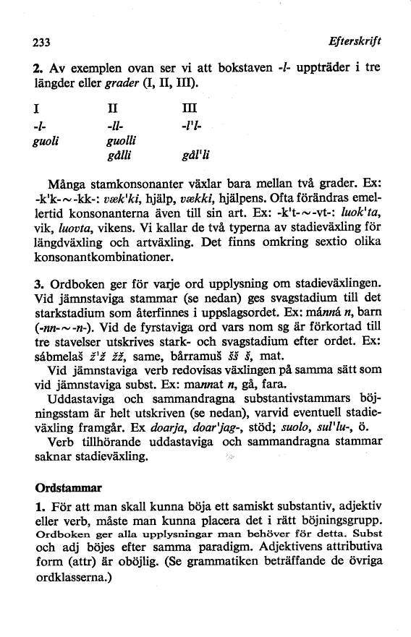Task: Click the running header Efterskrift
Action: [354, 42]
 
